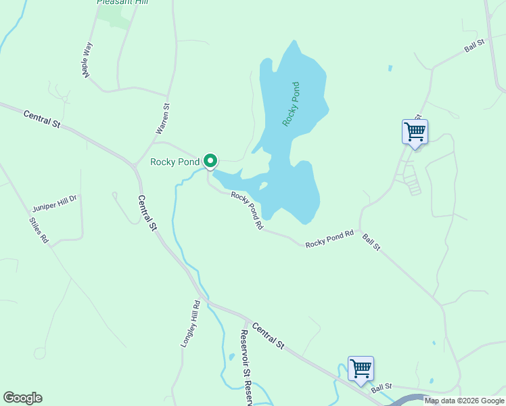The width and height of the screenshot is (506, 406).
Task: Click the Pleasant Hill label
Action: [x=122, y=2]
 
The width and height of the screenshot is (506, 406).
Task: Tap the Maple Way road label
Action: [x=88, y=61]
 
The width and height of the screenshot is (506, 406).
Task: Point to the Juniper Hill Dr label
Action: [x=55, y=203]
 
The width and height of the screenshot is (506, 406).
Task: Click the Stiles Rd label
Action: [x=39, y=230]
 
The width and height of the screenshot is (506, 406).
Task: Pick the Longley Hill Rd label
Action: [x=190, y=324]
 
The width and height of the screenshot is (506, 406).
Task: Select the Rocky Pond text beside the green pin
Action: [x=175, y=162]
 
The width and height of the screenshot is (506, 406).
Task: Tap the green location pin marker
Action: [x=210, y=161]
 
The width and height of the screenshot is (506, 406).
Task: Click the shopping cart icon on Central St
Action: [x=361, y=369]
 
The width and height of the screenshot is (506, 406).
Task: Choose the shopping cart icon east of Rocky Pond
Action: [x=414, y=131]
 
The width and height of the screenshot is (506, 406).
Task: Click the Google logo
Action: [x=22, y=398]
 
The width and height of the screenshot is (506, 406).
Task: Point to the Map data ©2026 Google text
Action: [x=464, y=401]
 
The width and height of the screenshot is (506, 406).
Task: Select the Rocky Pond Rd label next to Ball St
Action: [x=329, y=239]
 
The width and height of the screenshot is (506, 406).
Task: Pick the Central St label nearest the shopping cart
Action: [x=269, y=336]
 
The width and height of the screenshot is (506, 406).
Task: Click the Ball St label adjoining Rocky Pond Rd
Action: [x=371, y=242]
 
